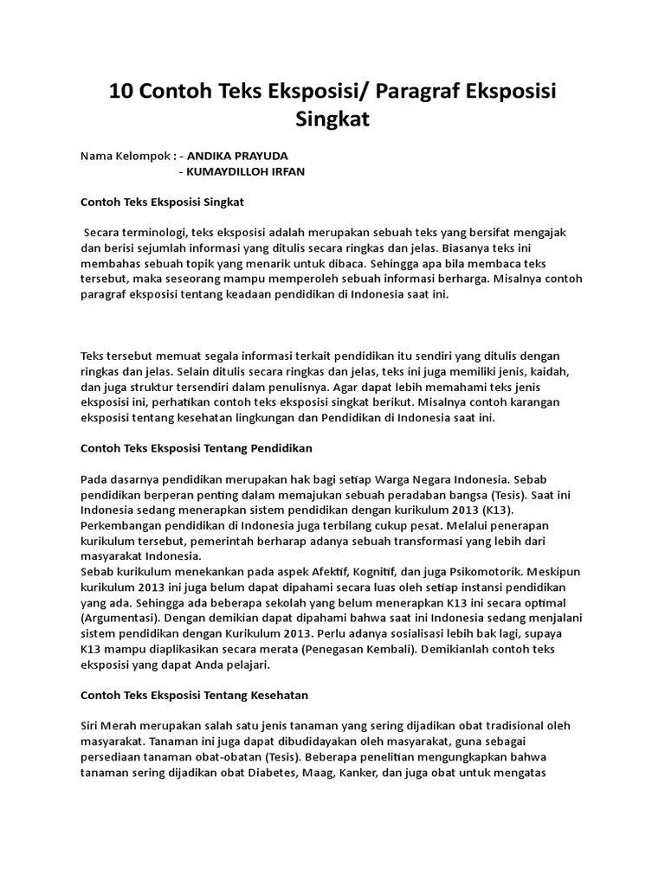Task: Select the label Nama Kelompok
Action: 125,157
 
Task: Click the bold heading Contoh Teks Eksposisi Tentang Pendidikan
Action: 196,448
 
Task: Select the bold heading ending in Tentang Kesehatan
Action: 194,695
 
